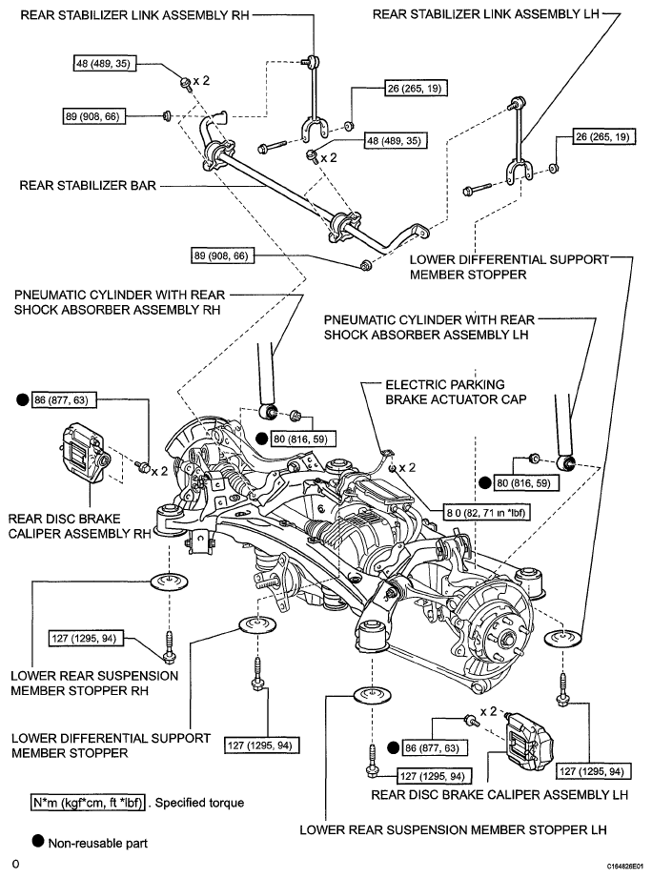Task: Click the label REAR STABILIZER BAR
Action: (x=88, y=185)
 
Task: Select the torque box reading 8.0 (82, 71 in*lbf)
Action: (x=486, y=512)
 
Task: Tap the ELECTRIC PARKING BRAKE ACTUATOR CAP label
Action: (x=457, y=392)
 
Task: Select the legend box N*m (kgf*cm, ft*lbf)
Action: (x=88, y=803)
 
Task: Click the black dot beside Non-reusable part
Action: (x=38, y=841)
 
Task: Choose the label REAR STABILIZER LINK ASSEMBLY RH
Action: (x=134, y=15)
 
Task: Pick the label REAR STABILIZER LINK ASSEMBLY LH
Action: (x=486, y=14)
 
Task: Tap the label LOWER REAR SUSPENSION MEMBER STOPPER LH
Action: (x=453, y=829)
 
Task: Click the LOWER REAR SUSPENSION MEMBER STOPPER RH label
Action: (x=94, y=684)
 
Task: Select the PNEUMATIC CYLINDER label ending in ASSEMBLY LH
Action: (x=429, y=327)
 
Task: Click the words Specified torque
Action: (x=199, y=803)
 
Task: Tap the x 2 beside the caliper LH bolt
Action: (x=489, y=711)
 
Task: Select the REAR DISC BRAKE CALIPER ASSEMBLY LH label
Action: (x=499, y=794)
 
